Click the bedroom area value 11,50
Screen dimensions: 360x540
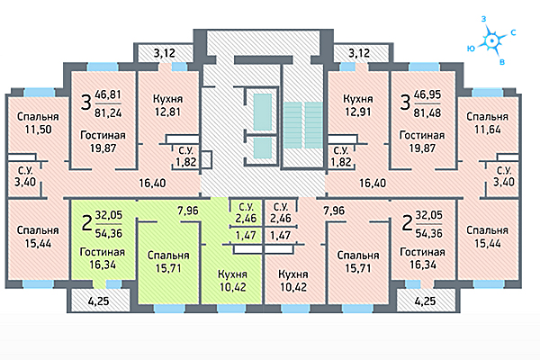(36, 131)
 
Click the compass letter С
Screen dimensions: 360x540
(512, 32)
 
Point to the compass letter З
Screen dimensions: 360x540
(483, 18)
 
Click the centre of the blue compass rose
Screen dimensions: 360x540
(492, 40)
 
